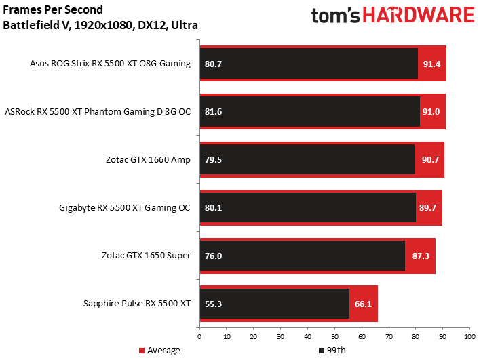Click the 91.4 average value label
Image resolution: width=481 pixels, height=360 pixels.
(x=431, y=64)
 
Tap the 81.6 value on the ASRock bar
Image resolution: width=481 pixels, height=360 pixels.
(x=213, y=112)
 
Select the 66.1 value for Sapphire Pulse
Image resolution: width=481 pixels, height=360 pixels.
(x=362, y=304)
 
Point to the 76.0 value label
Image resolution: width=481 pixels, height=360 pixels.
(x=213, y=256)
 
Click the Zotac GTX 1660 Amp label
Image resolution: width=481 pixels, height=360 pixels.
(x=148, y=160)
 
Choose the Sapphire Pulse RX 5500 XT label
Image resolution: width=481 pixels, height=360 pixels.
(x=137, y=304)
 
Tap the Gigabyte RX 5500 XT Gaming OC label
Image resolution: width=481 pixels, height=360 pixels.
(x=125, y=207)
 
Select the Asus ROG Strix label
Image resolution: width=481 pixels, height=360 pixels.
(x=110, y=64)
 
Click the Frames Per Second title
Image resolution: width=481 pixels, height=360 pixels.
(x=53, y=11)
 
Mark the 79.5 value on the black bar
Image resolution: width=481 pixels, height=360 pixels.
(x=213, y=160)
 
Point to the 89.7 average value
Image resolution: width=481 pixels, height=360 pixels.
(x=427, y=208)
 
